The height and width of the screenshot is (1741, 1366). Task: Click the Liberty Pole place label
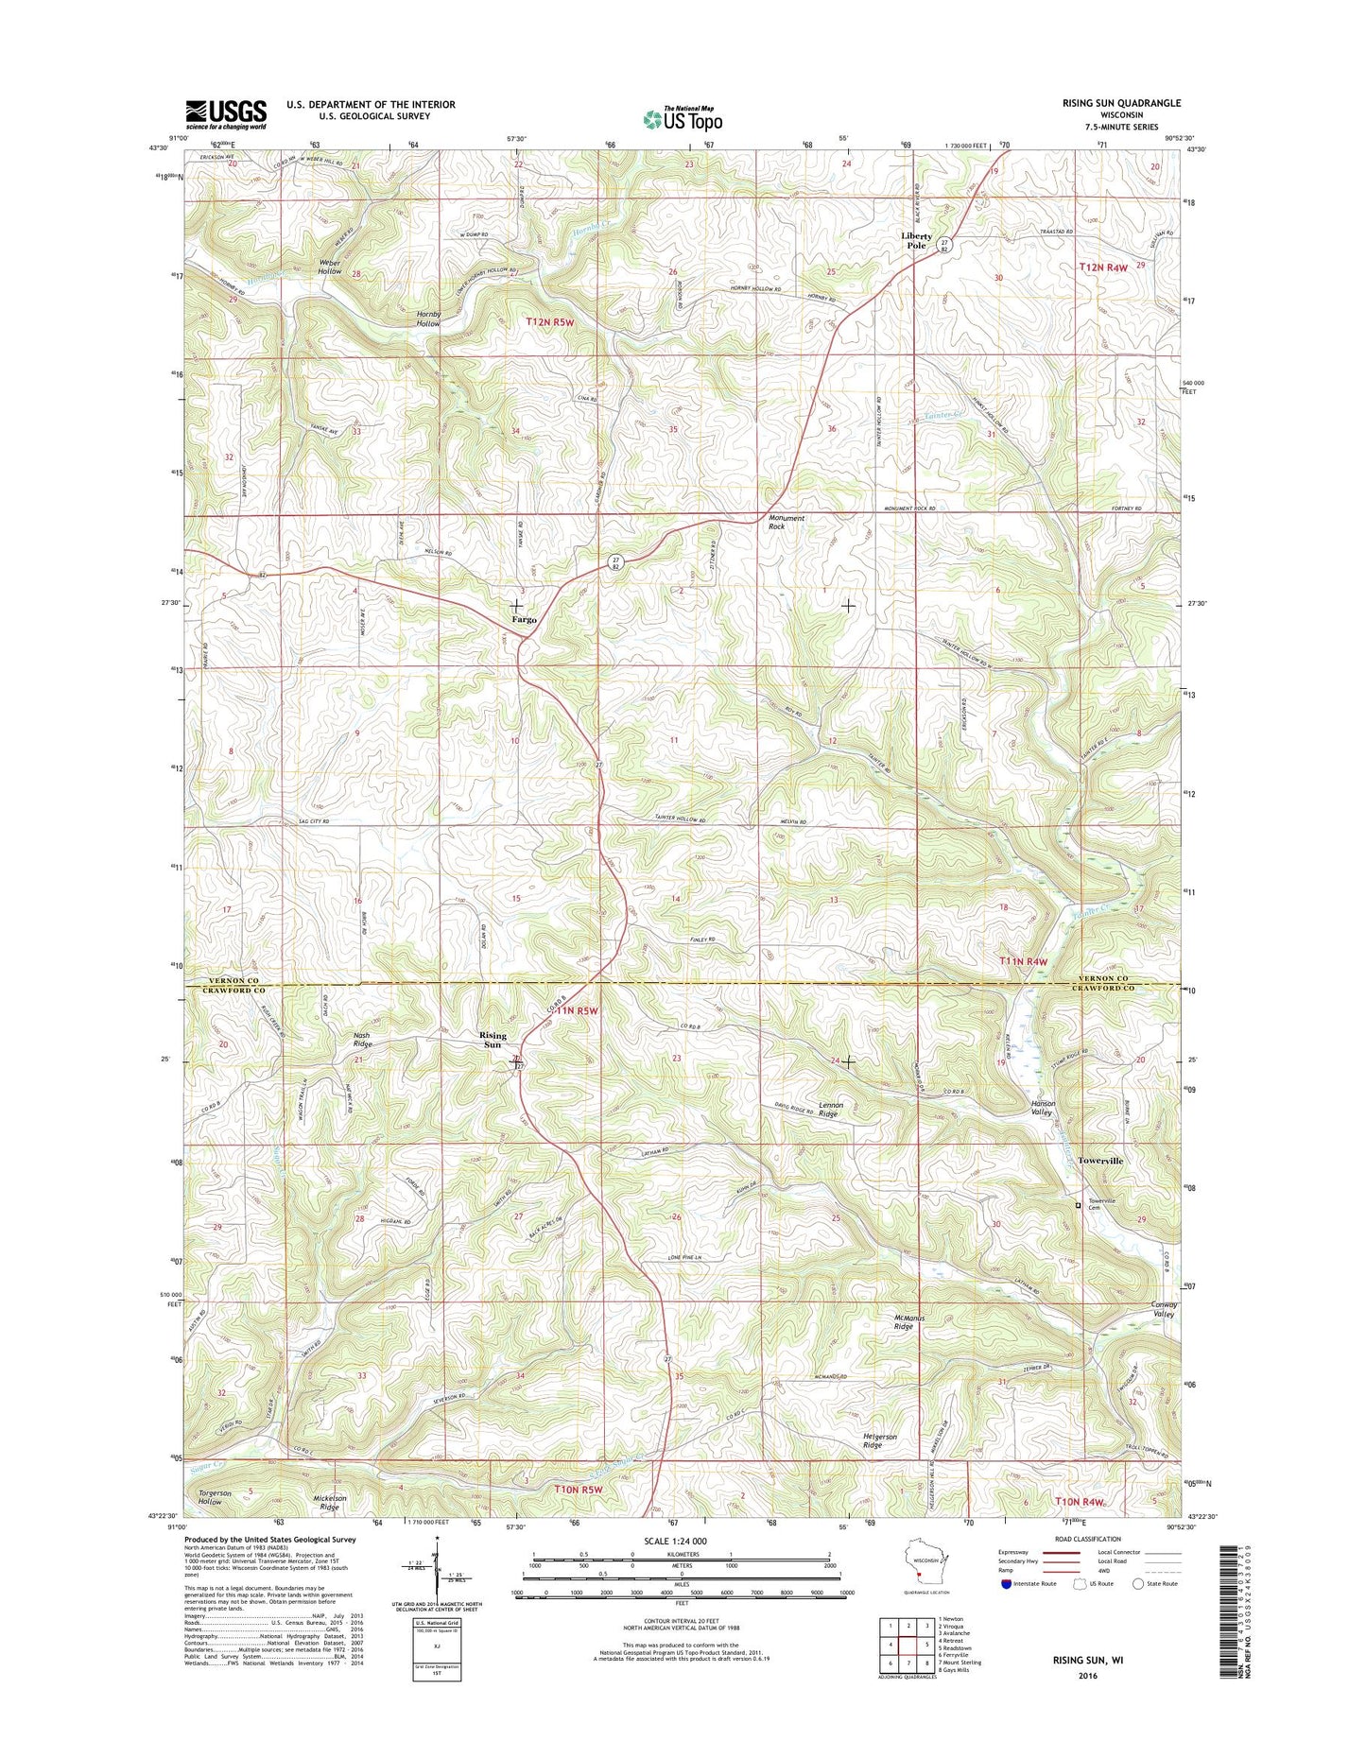click(916, 241)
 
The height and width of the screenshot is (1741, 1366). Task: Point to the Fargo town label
click(524, 620)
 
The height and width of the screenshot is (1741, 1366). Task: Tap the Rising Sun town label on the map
click(493, 1040)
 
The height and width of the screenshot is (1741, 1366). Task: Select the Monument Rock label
click(787, 522)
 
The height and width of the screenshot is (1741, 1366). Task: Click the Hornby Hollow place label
click(428, 319)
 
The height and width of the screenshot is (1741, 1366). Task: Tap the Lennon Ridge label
click(828, 1110)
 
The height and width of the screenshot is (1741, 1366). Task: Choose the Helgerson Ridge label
click(879, 1441)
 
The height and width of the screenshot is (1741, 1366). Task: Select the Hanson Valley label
click(1042, 1108)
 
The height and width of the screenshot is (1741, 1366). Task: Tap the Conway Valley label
click(1163, 1309)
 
